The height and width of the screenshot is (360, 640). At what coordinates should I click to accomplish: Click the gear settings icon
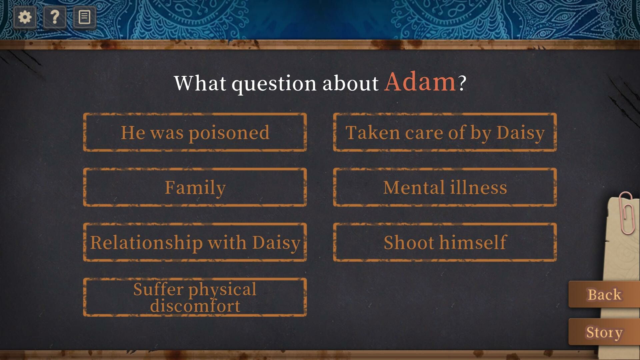[x=25, y=17]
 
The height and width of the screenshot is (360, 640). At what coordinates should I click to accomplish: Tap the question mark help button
[x=55, y=17]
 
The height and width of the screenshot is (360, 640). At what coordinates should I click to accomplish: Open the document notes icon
[x=84, y=17]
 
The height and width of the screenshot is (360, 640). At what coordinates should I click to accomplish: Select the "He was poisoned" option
[x=195, y=132]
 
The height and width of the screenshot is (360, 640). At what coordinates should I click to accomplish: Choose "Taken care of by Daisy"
[x=445, y=132]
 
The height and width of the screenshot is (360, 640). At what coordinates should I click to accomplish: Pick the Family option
[x=195, y=187]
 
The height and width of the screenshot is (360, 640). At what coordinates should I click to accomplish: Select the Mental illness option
[x=445, y=187]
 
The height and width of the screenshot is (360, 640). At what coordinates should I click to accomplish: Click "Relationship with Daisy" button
[x=195, y=242]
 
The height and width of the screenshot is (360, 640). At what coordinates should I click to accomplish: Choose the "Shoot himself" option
[x=445, y=242]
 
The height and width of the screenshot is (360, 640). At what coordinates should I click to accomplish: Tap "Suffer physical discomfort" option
[x=195, y=297]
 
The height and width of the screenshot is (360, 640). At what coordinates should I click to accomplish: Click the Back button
[x=604, y=295]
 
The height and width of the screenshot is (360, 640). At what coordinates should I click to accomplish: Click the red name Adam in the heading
[x=420, y=82]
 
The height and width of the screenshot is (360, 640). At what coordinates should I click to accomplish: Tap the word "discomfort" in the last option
[x=195, y=305]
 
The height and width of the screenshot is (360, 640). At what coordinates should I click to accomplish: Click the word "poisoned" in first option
[x=229, y=133]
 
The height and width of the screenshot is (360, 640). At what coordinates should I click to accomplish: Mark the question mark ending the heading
[x=462, y=83]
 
